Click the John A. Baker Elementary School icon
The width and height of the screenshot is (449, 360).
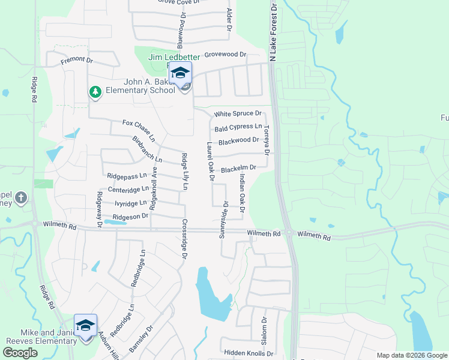(x=180, y=74)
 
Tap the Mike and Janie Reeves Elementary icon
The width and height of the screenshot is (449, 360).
(x=85, y=325)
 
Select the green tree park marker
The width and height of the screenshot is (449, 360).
(x=94, y=92)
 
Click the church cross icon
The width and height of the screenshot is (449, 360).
(x=20, y=197)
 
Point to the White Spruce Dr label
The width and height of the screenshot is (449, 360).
(x=238, y=113)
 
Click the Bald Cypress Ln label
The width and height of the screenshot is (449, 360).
(x=238, y=127)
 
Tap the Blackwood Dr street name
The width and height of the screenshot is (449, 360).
(x=239, y=141)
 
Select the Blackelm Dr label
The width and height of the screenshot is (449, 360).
(x=239, y=170)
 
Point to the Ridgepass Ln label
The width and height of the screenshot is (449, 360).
(x=127, y=176)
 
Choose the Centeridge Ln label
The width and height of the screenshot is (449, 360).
(x=127, y=190)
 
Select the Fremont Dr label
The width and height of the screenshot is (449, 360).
(x=77, y=61)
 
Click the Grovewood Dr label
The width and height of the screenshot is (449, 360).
(x=226, y=55)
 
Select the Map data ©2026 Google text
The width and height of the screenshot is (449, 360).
(x=412, y=355)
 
